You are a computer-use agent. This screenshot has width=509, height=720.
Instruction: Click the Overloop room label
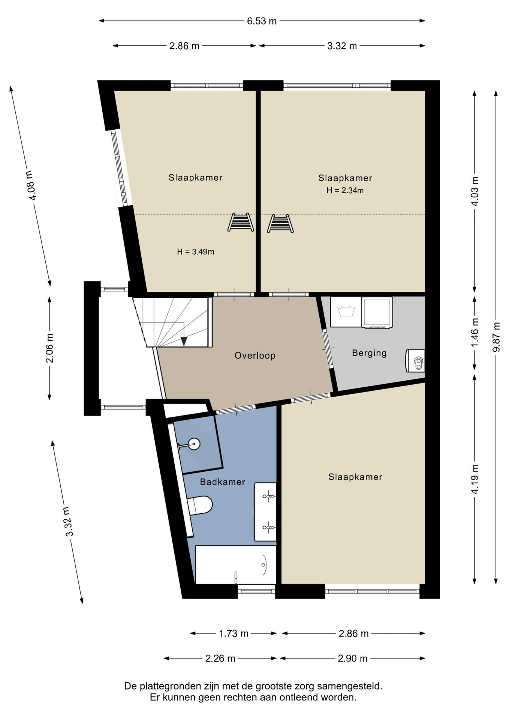(255, 355)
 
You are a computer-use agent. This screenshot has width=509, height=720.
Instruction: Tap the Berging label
(369, 353)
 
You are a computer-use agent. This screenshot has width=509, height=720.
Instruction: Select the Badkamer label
(222, 482)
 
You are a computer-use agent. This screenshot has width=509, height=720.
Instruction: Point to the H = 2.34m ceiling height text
(345, 190)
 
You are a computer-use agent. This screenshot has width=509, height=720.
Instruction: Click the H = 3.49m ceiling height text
(196, 252)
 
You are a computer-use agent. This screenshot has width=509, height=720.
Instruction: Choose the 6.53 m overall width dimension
(262, 21)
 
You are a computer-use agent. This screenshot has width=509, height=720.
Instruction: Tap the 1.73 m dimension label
(234, 633)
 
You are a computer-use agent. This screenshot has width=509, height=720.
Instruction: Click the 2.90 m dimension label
(352, 658)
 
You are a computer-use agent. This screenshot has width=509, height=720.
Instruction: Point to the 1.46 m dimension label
(475, 333)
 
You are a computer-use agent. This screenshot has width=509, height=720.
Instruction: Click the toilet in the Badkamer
(200, 505)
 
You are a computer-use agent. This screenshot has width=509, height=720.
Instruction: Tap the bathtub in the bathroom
(236, 565)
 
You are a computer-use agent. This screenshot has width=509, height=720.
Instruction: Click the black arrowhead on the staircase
(184, 341)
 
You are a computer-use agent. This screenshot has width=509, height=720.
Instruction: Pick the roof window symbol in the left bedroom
(241, 222)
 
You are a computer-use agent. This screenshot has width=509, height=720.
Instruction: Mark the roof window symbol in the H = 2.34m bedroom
(280, 223)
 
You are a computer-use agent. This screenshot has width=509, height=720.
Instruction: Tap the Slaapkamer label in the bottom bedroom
(355, 477)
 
